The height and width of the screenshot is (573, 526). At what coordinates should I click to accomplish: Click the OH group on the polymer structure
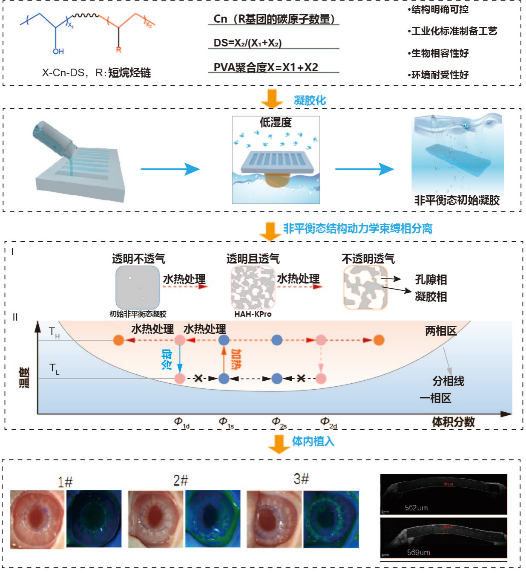(58, 51)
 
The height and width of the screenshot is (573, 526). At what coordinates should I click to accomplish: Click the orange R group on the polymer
(118, 49)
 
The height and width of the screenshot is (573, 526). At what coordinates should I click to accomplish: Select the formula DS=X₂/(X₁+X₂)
(247, 43)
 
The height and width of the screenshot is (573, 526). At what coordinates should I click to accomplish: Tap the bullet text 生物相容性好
(439, 53)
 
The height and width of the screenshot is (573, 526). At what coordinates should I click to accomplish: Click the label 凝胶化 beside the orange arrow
(310, 100)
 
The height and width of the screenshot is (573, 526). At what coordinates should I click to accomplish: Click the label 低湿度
(276, 123)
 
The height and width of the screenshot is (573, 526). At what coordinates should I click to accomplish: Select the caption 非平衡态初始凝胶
(457, 200)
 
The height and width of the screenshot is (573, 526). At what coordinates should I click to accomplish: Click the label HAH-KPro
(253, 314)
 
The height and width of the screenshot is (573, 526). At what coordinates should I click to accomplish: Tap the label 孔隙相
(431, 280)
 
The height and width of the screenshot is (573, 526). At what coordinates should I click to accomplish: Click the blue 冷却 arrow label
(167, 359)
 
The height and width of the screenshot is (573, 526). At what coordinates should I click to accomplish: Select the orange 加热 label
(236, 359)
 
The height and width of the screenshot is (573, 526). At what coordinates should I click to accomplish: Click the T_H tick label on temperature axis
(54, 332)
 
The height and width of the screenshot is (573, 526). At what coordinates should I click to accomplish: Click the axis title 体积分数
(453, 422)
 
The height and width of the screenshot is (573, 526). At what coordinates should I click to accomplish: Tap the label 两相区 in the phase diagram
(441, 331)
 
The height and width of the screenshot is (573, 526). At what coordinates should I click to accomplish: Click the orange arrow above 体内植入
(279, 444)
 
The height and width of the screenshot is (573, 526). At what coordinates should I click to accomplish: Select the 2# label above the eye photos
(181, 480)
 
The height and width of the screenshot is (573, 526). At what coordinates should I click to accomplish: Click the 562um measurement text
(416, 508)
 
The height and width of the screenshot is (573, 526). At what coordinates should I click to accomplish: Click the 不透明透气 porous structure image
(365, 287)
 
